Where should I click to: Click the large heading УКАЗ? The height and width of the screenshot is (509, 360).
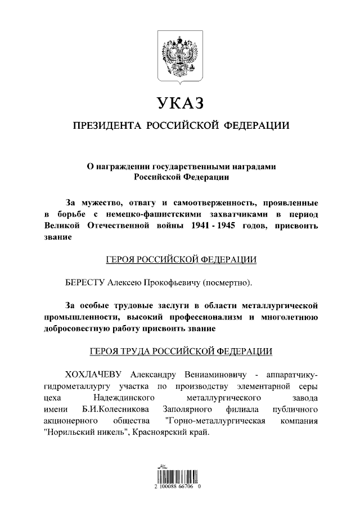[179, 104]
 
